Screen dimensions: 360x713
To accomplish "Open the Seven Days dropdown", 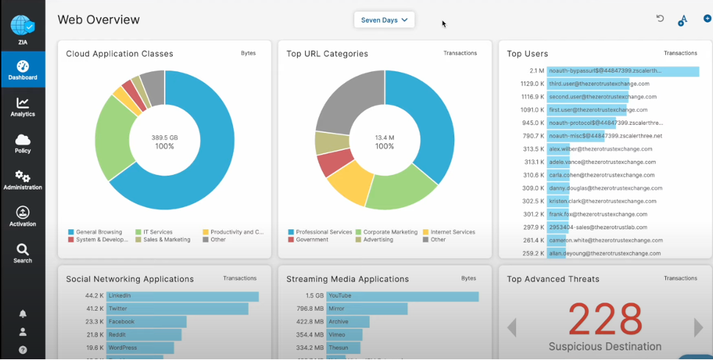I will click(384, 20).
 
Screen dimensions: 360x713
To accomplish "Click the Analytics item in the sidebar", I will click(22, 107).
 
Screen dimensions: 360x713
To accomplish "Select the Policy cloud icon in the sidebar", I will click(22, 143).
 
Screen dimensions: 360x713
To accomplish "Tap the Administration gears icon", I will click(22, 179).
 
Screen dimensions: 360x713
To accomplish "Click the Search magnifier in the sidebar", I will click(22, 253).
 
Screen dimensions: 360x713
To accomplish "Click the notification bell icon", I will click(23, 314).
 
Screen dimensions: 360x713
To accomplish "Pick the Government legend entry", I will click(312, 240).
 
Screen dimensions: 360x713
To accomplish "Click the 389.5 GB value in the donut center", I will click(165, 137).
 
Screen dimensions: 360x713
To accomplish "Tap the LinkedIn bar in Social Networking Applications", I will click(182, 296).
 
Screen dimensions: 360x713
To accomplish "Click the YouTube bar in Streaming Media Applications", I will click(403, 296).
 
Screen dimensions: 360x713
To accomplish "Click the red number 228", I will click(606, 318).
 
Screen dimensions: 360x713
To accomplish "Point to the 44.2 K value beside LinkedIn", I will click(94, 296).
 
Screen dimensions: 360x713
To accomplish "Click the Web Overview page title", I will click(98, 20).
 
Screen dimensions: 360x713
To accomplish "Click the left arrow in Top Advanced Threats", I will click(512, 327).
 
